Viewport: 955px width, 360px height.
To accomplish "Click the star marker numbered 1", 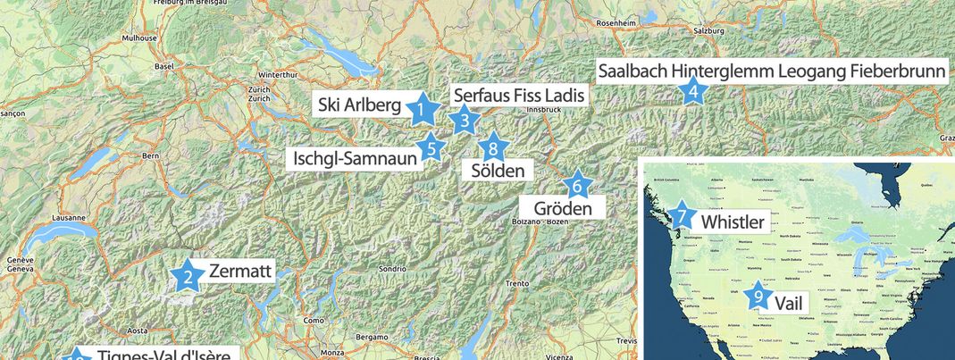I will (x=421, y=111).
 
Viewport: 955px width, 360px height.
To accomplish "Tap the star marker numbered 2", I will (x=188, y=277).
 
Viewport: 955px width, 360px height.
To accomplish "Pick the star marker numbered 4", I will (x=692, y=91).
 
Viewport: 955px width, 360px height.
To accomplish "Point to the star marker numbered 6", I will (x=577, y=186).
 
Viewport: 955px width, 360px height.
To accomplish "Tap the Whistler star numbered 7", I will (x=682, y=216).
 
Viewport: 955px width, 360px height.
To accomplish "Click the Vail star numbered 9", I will (x=758, y=296).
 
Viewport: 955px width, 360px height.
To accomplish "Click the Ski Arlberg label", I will (x=359, y=105).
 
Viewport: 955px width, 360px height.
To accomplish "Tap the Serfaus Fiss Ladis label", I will (x=519, y=95).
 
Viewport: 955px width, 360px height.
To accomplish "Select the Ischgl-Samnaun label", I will (x=356, y=159).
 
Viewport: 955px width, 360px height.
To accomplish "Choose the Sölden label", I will (x=497, y=170).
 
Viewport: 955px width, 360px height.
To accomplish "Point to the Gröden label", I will (x=564, y=208).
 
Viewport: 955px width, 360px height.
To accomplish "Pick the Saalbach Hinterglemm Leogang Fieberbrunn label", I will (x=771, y=71).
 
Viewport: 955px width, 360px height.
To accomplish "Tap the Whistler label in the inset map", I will (x=733, y=221).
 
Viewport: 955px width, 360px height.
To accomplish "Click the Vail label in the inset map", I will (x=788, y=303).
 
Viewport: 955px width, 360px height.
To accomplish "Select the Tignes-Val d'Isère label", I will (x=163, y=355).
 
